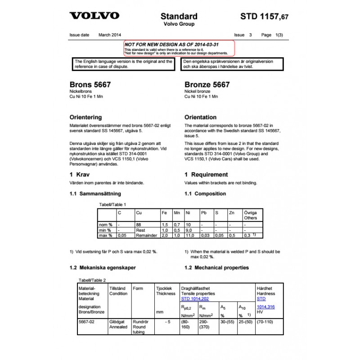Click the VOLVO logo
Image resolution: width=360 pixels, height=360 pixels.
pos(94,16)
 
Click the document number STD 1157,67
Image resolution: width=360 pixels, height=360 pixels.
pos(264,17)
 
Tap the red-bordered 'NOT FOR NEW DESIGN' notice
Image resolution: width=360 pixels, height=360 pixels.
pos(179,48)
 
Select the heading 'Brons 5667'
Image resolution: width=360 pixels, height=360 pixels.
pos(90,85)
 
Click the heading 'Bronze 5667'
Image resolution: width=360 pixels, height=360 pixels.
pos(207,85)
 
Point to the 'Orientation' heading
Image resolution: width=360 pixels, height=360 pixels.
pos(200,117)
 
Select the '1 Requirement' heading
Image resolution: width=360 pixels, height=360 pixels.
pos(206,175)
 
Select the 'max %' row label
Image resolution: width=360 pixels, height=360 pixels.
pos(105,235)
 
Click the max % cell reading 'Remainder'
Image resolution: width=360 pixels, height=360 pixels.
pos(146,235)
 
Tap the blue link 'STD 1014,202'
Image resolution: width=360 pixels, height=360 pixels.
pos(194,298)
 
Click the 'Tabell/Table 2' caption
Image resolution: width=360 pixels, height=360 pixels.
pos(92,280)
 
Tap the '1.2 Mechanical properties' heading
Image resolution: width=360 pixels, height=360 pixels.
pos(216,268)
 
